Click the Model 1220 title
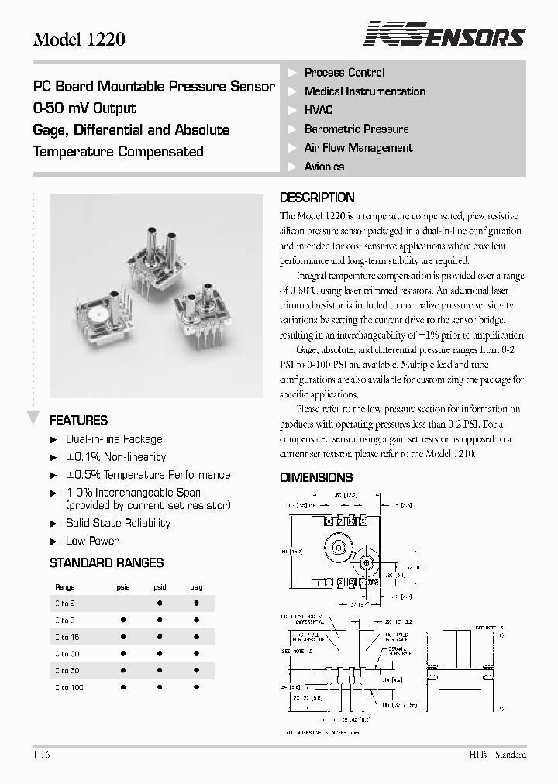point(78,39)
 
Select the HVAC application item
point(319,110)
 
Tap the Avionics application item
point(324,167)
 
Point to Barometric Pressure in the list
point(356,129)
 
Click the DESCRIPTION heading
point(317,198)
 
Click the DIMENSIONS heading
point(316,478)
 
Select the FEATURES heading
point(78,421)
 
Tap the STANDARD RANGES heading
point(106,563)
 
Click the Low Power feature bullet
point(91,541)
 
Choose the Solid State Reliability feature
point(118,523)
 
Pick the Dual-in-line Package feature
point(114,439)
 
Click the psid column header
point(159,588)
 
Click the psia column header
point(122,588)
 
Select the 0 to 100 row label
point(69,688)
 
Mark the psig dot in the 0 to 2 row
point(196,603)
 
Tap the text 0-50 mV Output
point(84,108)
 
